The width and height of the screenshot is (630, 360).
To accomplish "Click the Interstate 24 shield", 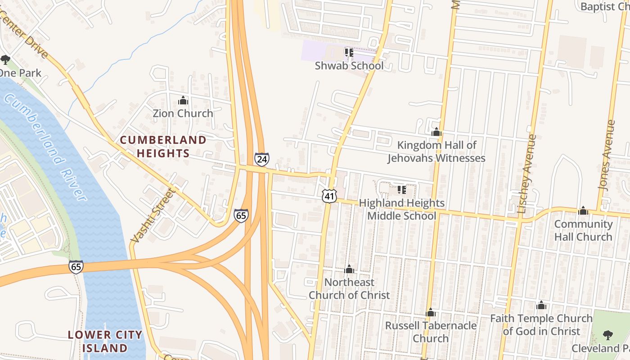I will tap(262, 159).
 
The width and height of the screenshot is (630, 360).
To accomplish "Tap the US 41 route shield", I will tap(329, 195).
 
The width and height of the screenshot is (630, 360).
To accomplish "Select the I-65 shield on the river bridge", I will tap(76, 266).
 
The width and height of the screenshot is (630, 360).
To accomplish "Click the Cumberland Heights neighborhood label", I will tap(163, 146).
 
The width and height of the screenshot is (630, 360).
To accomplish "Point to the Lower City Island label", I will tap(105, 341).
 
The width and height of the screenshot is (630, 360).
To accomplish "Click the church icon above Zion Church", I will tap(183, 100).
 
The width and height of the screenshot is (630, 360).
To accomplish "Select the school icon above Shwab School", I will tap(349, 53).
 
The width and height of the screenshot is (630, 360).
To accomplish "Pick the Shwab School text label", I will tap(349, 66).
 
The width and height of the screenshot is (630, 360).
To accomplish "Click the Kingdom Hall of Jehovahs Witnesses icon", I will tap(436, 132).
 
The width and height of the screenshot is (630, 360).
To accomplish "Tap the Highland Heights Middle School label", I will tap(401, 210).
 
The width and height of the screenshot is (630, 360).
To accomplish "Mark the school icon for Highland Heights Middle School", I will tap(401, 190).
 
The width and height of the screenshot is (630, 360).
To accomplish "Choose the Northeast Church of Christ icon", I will tap(349, 270).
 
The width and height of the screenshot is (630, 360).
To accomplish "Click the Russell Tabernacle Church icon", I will tap(431, 312).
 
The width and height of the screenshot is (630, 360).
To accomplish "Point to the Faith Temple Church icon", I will tap(541, 306).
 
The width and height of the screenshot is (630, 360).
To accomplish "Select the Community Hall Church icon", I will tap(583, 211).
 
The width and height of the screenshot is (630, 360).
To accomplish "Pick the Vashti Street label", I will tap(152, 214).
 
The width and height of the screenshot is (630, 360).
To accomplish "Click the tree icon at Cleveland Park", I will tap(607, 335).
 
